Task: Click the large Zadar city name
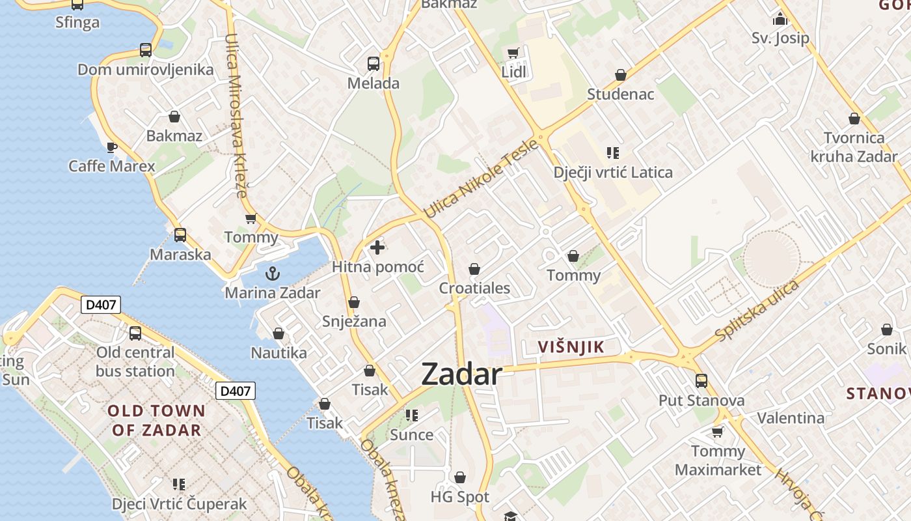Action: coord(461,374)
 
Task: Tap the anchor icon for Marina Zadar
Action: coord(273,273)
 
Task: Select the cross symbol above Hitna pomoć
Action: coord(377,247)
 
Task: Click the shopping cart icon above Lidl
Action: coord(513,53)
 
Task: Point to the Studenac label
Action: coord(620,94)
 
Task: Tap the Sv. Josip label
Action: coord(780,38)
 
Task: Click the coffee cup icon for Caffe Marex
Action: coord(112,147)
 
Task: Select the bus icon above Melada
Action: coord(373,63)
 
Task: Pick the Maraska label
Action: coord(180,254)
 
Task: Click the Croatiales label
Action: coord(474,288)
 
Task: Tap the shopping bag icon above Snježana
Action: coord(354,302)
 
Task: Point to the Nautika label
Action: coord(279,353)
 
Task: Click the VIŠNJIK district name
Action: coord(571,347)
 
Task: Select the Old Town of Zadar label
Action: coord(156,420)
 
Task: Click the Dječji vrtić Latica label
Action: coord(612,173)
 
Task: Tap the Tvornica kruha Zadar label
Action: coord(854,147)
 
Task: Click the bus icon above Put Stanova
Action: coord(701,381)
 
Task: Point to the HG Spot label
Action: coord(459,497)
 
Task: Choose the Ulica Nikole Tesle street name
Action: coord(481,178)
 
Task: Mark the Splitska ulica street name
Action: coord(757,311)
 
